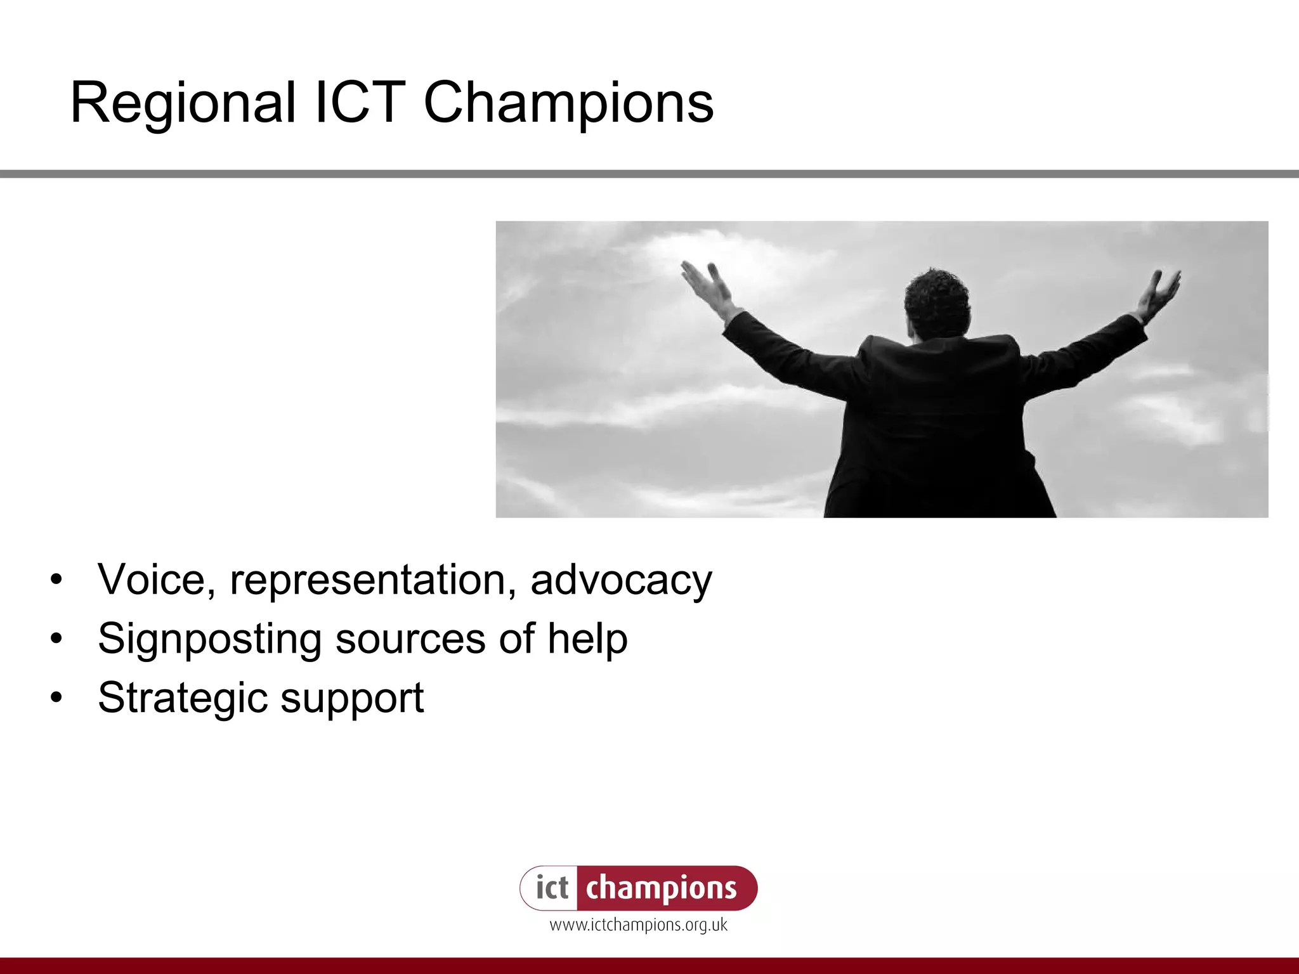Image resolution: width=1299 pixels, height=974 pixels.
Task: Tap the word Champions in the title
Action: coord(568,103)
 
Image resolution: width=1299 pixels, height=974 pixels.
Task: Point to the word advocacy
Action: coord(621,580)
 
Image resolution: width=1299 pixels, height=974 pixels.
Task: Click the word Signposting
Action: coord(209,639)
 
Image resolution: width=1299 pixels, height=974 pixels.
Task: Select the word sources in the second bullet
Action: coord(410,639)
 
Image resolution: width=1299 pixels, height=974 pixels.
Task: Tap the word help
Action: coord(587,639)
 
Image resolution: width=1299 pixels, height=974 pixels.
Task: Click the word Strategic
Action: coord(183,698)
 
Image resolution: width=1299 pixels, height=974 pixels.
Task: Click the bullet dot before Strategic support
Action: coord(57,698)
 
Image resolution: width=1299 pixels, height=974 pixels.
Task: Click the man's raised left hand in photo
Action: coord(705,284)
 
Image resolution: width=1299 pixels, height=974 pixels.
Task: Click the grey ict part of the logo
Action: coord(551,888)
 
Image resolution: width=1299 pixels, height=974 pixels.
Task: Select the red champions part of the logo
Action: coord(662,888)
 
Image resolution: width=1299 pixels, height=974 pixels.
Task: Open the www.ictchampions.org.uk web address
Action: coord(638,925)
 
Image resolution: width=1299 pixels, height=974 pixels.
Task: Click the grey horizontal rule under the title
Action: coord(649,174)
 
